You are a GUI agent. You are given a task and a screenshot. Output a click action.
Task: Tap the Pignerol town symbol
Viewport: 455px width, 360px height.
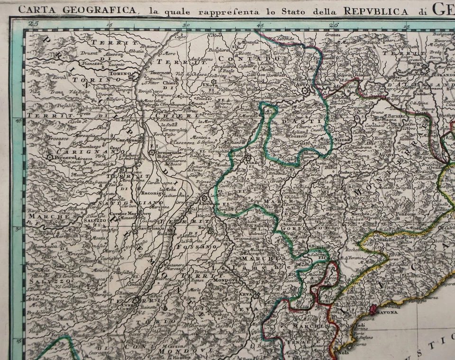(x=49, y=156)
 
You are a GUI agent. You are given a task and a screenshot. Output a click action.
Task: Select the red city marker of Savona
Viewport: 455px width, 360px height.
(x=373, y=310)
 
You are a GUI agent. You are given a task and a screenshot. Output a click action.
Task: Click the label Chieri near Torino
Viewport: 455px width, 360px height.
(x=169, y=84)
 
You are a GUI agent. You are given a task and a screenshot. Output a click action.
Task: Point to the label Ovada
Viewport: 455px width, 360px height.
(x=434, y=167)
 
